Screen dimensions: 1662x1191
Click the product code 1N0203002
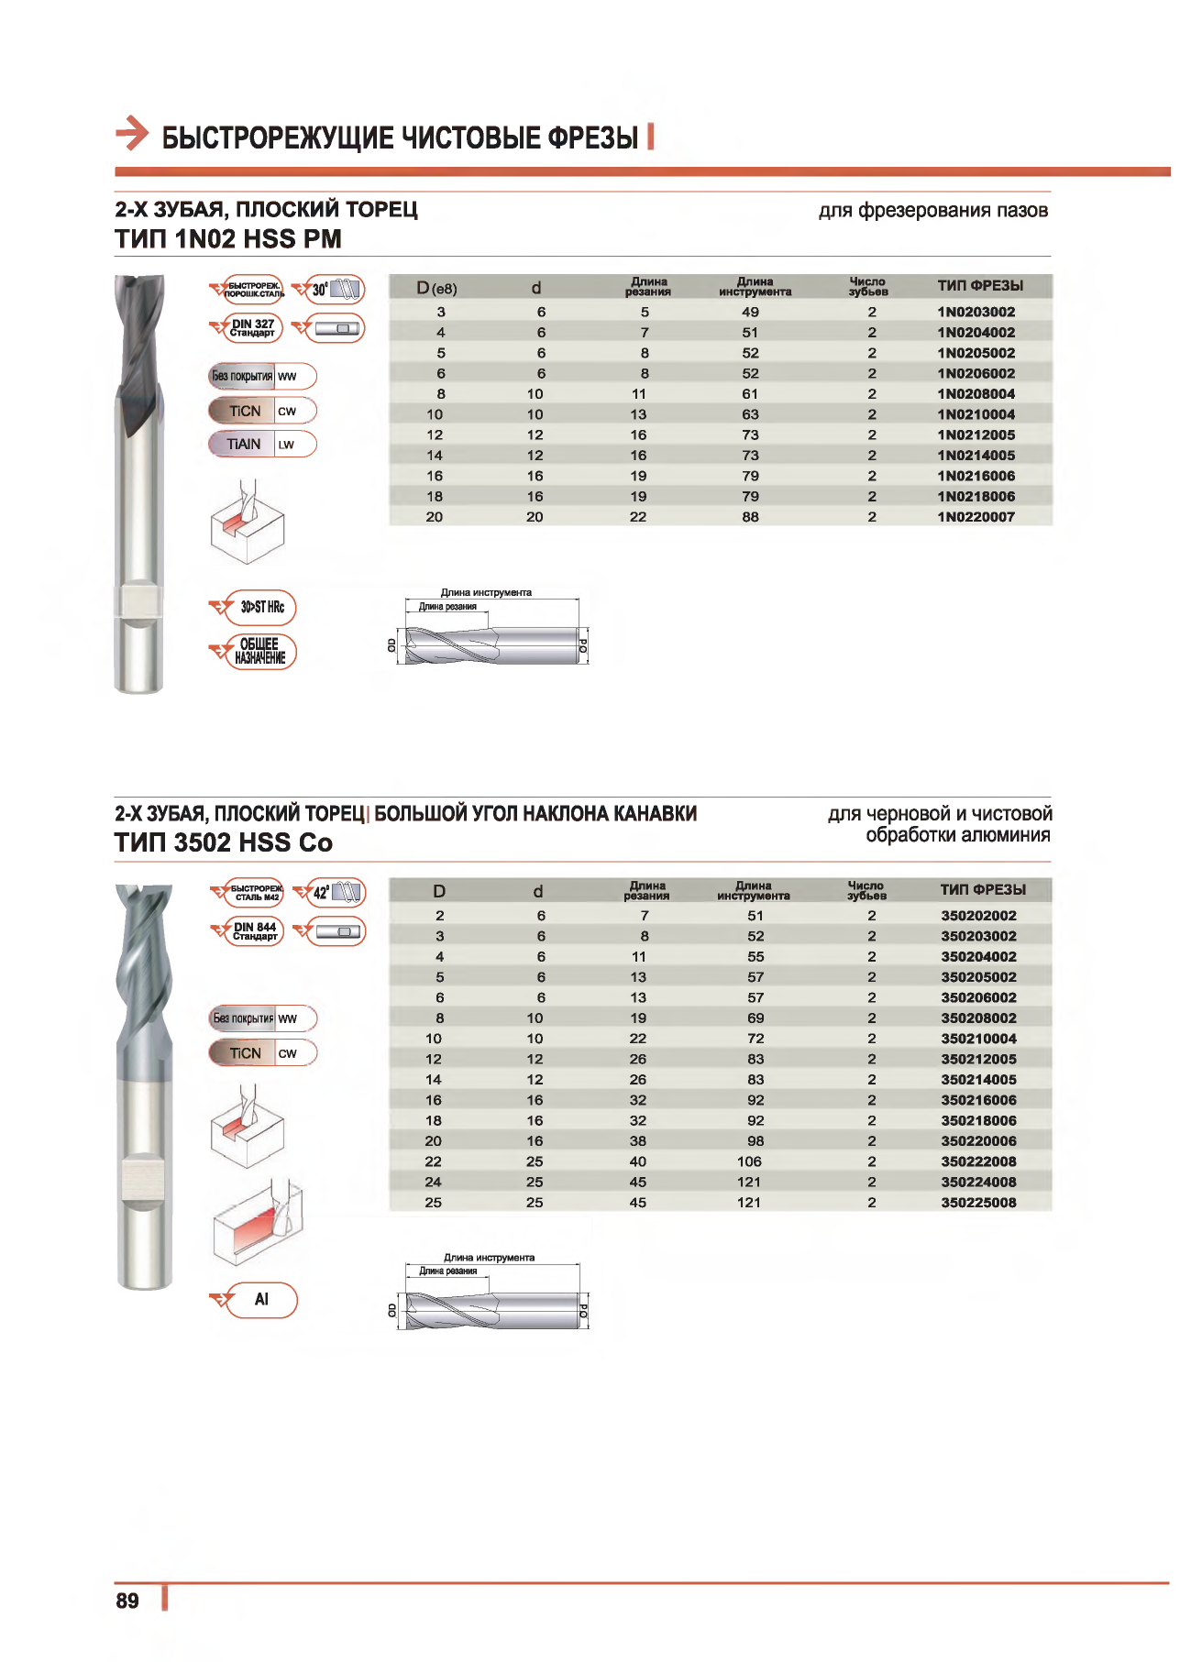point(976,312)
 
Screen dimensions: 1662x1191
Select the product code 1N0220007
point(976,517)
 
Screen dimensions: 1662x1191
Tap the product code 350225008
point(978,1203)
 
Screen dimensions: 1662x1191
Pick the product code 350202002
point(978,916)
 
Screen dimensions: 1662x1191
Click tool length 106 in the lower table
point(749,1161)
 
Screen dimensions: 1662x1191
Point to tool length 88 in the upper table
point(750,517)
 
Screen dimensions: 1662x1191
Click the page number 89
point(127,1601)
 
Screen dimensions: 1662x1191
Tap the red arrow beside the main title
point(132,134)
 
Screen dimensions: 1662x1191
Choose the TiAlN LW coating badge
point(262,445)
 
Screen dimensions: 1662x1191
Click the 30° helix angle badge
point(334,290)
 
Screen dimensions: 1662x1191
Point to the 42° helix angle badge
point(336,893)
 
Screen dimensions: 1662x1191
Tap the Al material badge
point(261,1300)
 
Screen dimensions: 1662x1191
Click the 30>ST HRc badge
point(261,607)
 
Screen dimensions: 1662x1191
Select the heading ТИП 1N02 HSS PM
point(227,239)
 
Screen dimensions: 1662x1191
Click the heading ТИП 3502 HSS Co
point(223,842)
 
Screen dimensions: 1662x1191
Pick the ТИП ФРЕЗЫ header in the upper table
point(979,286)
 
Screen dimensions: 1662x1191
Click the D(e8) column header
point(436,288)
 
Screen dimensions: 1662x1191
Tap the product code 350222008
point(978,1161)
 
